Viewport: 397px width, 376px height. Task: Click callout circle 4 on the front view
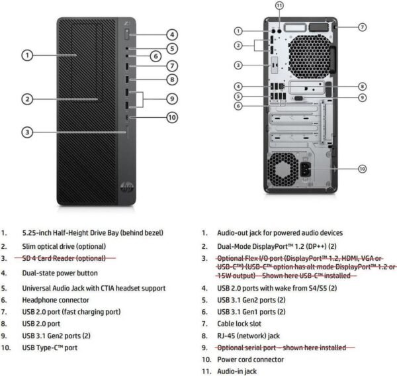click(172, 34)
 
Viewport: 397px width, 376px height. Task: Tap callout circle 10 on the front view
click(172, 117)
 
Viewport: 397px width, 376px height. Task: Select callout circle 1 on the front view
click(27, 55)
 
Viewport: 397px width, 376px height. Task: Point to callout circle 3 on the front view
click(27, 132)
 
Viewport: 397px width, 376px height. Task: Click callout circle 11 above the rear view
click(279, 5)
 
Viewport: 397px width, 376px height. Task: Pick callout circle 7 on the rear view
click(363, 27)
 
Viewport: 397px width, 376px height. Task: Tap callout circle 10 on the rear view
click(363, 169)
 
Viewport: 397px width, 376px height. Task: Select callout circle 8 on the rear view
click(363, 87)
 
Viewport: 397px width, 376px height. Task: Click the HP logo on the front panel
click(127, 187)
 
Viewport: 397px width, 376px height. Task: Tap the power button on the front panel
click(127, 34)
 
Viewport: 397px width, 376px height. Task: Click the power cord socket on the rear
click(305, 169)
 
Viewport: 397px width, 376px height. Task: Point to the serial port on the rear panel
click(298, 98)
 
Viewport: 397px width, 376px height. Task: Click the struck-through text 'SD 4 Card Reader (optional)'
click(64, 258)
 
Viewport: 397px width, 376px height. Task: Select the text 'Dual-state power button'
click(60, 273)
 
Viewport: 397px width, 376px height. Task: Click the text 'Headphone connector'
click(56, 301)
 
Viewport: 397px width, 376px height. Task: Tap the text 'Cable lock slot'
click(239, 324)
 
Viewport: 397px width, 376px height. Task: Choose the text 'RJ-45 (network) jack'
click(248, 336)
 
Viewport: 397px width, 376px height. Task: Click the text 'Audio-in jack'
click(237, 371)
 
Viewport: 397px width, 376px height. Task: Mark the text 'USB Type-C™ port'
click(50, 348)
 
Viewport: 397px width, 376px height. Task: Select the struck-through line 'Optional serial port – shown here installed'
click(282, 348)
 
